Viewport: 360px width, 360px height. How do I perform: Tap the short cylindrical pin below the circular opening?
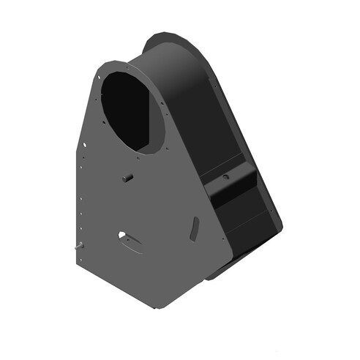127,177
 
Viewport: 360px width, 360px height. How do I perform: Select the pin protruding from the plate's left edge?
77,247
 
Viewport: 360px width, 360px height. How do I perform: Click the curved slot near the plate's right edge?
193,228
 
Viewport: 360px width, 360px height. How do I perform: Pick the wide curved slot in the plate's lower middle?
131,241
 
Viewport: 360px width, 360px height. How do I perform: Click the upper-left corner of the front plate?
99,64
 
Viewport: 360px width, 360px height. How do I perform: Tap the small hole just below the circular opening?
138,158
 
